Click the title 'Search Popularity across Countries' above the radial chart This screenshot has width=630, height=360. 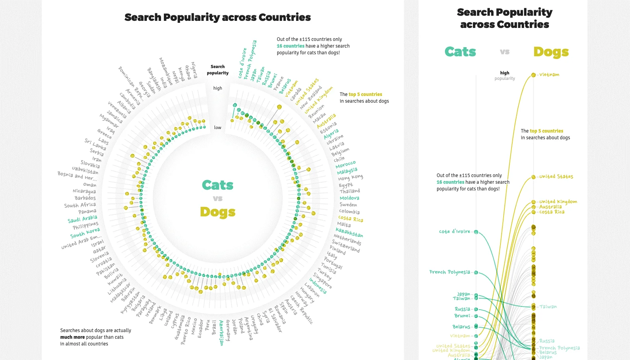tap(217, 17)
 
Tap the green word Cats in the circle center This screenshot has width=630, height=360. tap(217, 185)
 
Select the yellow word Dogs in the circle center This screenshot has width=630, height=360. tap(217, 212)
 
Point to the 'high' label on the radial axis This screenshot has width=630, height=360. tap(218, 88)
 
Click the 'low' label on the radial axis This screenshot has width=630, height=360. tap(218, 127)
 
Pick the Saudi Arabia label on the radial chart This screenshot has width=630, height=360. tap(82, 219)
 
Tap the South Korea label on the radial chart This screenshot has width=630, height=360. tap(85, 233)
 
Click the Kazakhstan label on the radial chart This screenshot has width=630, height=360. tap(349, 232)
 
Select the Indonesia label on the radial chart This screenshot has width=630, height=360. tap(318, 286)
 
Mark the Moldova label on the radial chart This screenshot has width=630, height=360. tap(349, 198)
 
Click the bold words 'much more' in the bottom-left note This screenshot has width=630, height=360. tap(72, 337)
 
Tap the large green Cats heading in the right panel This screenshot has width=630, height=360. tap(460, 52)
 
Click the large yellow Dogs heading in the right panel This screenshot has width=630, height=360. tap(551, 52)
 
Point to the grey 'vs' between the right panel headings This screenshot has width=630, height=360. tap(505, 52)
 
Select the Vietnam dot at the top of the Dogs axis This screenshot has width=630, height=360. tap(533, 75)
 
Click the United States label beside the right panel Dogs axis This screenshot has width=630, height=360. tap(556, 177)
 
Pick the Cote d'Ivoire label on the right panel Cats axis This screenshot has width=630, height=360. tap(454, 231)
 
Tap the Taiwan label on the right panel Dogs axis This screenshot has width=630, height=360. tap(548, 306)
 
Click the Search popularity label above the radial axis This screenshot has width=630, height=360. tap(218, 70)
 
